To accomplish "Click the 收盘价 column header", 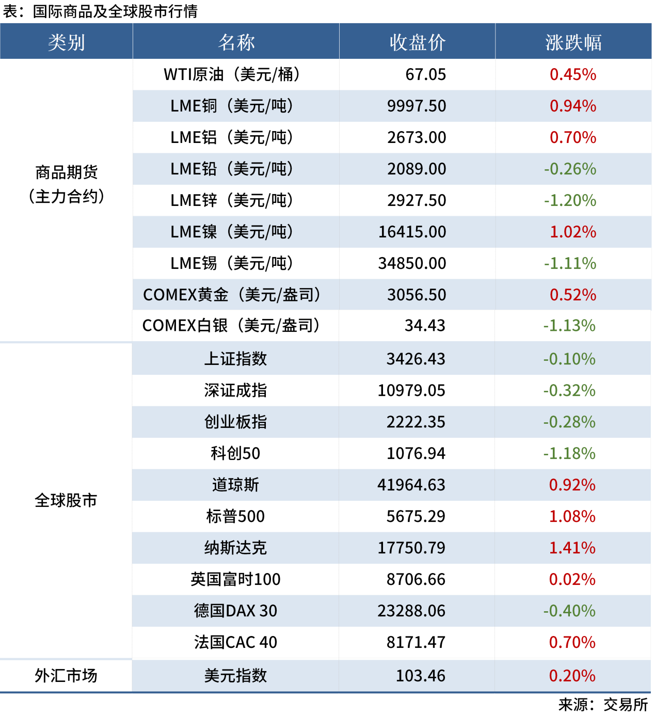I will pos(417,42).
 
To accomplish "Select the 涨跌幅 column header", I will pos(573,42).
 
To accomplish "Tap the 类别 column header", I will pos(66,42).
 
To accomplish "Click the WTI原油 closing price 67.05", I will pos(425,74).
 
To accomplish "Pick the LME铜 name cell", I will pos(232,106).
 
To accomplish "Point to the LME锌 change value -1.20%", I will pos(570,200).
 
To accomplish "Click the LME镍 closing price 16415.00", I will pos(412,232).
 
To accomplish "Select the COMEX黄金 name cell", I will pos(232,295).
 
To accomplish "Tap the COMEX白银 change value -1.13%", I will pos(569,326).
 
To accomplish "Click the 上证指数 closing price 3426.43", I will pos(416,359).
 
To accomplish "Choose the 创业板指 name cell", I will pos(235,422).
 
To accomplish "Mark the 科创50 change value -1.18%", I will pos(569,453).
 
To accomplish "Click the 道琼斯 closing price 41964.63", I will pos(411,485).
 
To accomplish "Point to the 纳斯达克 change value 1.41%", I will pos(572,548).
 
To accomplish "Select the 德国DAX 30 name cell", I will pos(235,611).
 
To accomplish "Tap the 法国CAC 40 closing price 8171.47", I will pos(416,642).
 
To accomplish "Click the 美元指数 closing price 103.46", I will pos(420,676).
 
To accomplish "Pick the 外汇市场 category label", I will pos(66,676).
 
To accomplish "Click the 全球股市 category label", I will pos(66,500).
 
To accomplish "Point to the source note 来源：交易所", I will pos(602,705).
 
